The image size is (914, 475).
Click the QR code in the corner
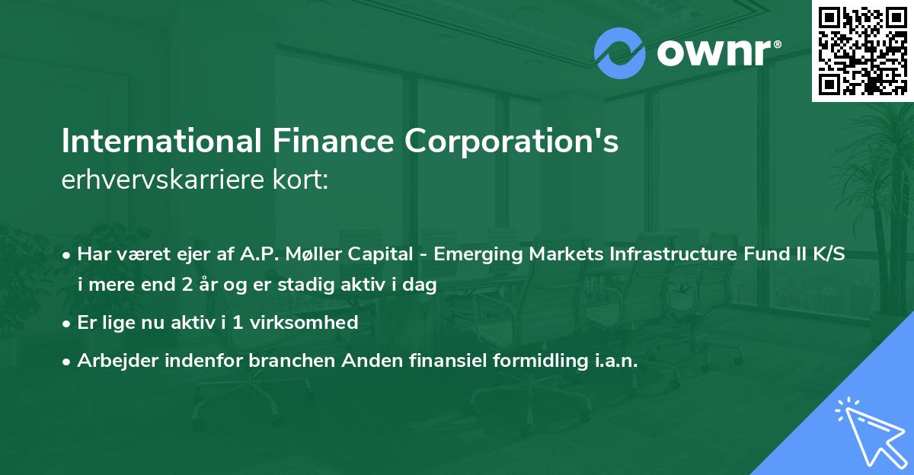[x=863, y=51]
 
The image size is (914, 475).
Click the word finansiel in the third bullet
[x=447, y=361]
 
